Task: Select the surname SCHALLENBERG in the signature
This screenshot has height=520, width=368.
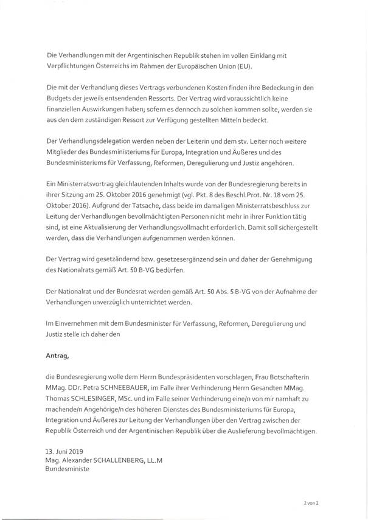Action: pos(121,462)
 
